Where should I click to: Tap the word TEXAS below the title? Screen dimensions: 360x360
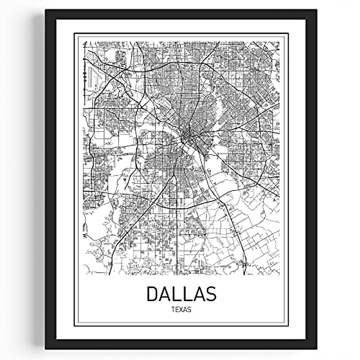click(181, 310)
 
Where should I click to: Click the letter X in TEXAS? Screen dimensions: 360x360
click(181, 310)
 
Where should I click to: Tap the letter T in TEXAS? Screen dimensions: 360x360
click(174, 310)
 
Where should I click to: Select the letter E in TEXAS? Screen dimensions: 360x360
click(178, 310)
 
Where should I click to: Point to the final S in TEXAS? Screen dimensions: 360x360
click(189, 310)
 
